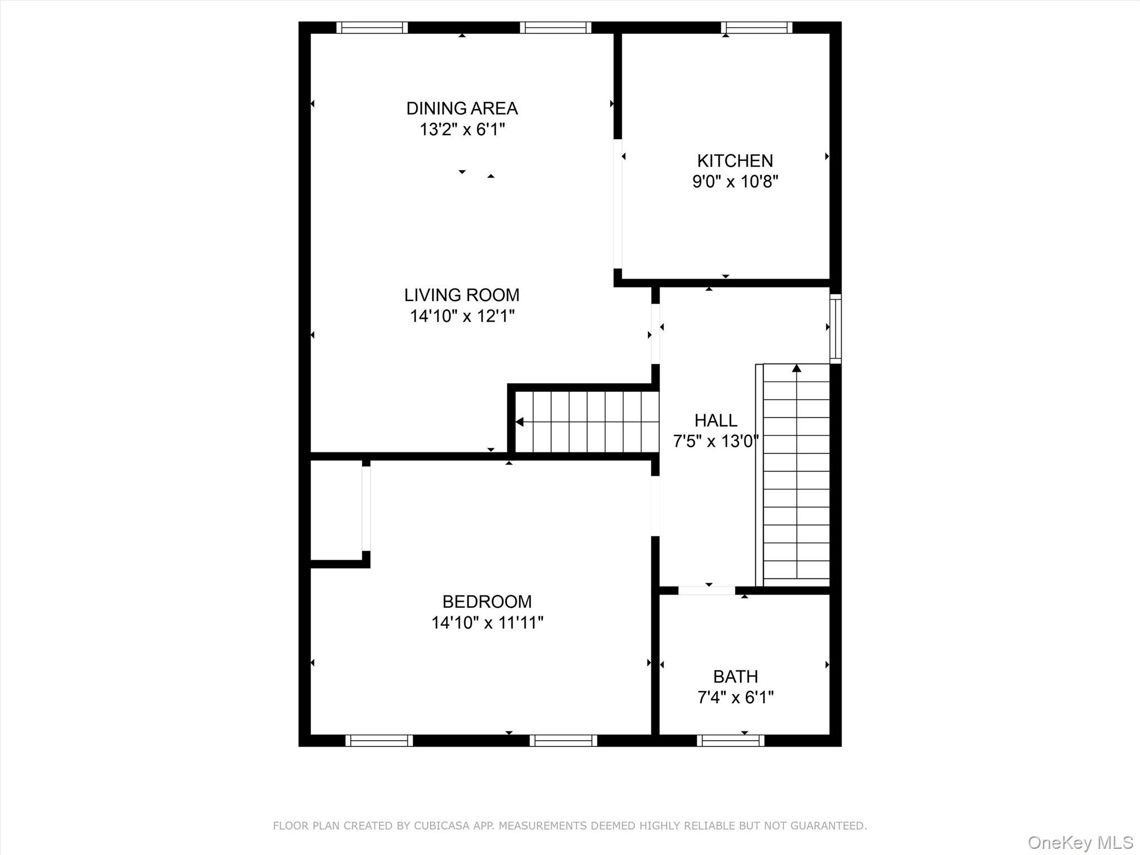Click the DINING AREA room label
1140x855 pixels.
click(x=462, y=109)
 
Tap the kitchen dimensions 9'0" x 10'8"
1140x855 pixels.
click(x=735, y=182)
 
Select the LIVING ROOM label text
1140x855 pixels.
click(x=462, y=295)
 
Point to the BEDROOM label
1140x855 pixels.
click(x=487, y=602)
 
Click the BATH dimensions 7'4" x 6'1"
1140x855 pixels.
click(x=735, y=697)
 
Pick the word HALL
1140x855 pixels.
click(x=716, y=420)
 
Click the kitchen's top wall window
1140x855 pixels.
click(x=756, y=27)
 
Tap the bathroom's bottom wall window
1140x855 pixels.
click(x=730, y=740)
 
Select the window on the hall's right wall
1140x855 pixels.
click(x=835, y=328)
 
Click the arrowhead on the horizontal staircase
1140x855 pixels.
click(x=520, y=422)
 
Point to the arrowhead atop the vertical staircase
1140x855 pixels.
click(x=797, y=368)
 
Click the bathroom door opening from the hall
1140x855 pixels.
click(x=706, y=591)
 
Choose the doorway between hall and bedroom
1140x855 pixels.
click(x=655, y=506)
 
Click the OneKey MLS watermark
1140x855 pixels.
click(x=1080, y=843)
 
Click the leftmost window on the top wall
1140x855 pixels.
click(x=372, y=27)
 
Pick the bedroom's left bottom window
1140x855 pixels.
click(x=379, y=740)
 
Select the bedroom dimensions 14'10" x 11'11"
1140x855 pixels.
click(x=487, y=623)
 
